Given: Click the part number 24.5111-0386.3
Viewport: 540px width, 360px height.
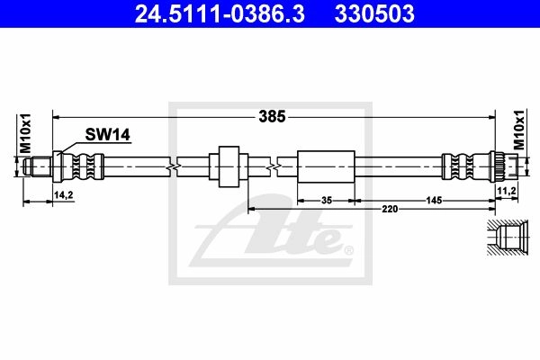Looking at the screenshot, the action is tap(220, 13).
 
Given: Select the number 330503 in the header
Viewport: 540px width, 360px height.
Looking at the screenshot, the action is tap(374, 13).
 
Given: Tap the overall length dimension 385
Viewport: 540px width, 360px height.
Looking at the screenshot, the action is tap(272, 117).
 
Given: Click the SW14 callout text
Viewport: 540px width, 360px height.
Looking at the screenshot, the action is tap(107, 134).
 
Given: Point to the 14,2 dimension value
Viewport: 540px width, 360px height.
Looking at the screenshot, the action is tap(63, 195).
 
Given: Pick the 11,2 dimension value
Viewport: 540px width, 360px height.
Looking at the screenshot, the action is tap(507, 191).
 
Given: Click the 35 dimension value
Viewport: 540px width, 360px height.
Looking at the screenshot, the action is tap(326, 200).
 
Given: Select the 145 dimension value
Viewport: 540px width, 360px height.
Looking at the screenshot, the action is tap(434, 200).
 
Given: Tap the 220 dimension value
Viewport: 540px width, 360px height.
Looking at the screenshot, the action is tap(390, 209).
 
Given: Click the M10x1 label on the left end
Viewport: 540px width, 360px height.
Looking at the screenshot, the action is tap(25, 133).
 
